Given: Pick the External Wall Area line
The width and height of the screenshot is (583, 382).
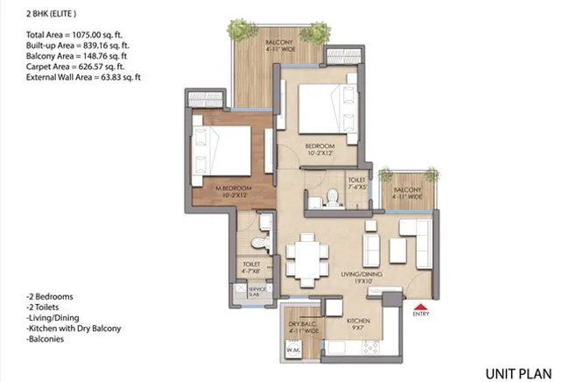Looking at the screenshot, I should coord(84,76).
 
